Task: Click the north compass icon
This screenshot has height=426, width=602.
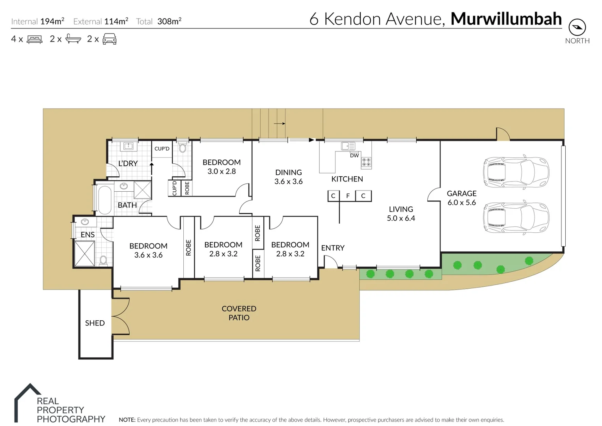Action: tap(577, 27)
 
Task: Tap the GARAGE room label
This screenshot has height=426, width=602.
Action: tap(461, 193)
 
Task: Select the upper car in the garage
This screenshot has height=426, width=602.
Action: tap(516, 173)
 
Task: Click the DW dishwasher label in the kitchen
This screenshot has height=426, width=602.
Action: tap(354, 155)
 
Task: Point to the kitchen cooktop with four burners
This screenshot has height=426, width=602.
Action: tap(366, 162)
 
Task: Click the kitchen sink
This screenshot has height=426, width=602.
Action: tap(348, 146)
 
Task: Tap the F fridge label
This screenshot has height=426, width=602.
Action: tap(348, 196)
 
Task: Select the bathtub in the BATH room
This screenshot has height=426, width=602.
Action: tap(104, 200)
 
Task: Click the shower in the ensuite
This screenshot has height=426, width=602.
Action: tap(85, 254)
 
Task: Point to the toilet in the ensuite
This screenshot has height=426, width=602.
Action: tap(103, 260)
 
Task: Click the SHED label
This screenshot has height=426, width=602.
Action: tap(95, 323)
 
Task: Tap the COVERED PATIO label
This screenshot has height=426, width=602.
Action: tap(239, 313)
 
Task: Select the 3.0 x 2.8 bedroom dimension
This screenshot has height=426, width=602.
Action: tap(222, 172)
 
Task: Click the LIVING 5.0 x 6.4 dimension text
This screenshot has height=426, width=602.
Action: tap(401, 218)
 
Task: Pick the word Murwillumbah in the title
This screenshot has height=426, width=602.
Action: tap(506, 19)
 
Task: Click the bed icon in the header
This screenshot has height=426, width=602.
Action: tap(34, 39)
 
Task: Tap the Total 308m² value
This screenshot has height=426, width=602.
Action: tap(169, 21)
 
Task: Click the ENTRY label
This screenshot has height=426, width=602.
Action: tap(333, 248)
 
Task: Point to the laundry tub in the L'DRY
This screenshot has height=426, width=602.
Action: tap(128, 146)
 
